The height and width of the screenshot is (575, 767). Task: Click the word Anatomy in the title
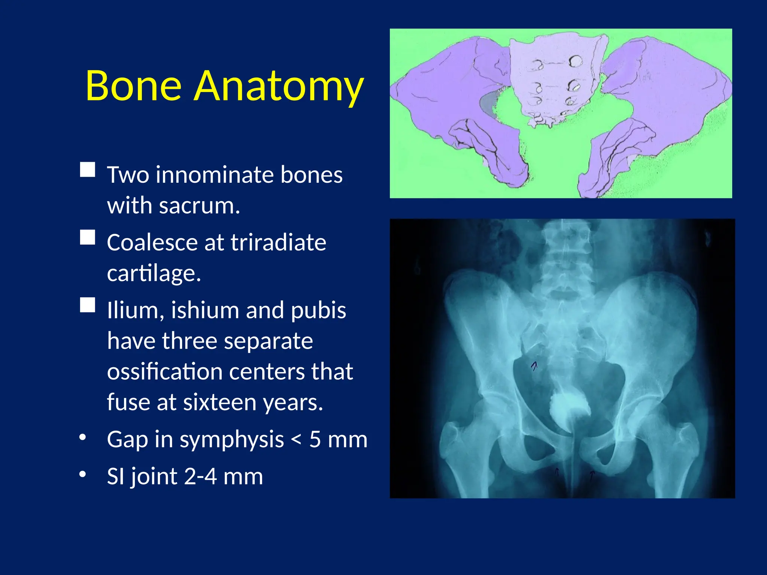pyautogui.click(x=279, y=87)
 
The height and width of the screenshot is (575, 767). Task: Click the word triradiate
pyautogui.click(x=278, y=243)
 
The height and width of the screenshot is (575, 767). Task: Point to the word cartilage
pyautogui.click(x=154, y=274)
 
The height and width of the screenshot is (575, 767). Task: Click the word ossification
pyautogui.click(x=165, y=372)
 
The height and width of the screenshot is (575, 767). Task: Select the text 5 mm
pyautogui.click(x=338, y=439)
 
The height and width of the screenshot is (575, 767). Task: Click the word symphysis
pyautogui.click(x=232, y=440)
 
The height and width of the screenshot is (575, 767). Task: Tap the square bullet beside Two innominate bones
pyautogui.click(x=88, y=170)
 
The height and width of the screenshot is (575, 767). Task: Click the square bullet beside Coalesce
pyautogui.click(x=88, y=237)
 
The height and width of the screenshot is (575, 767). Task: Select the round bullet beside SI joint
pyautogui.click(x=83, y=474)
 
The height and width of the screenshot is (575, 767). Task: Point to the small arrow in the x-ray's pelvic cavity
pyautogui.click(x=534, y=366)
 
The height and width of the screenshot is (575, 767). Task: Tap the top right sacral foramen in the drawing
pyautogui.click(x=575, y=61)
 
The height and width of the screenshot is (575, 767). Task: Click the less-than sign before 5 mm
pyautogui.click(x=296, y=440)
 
